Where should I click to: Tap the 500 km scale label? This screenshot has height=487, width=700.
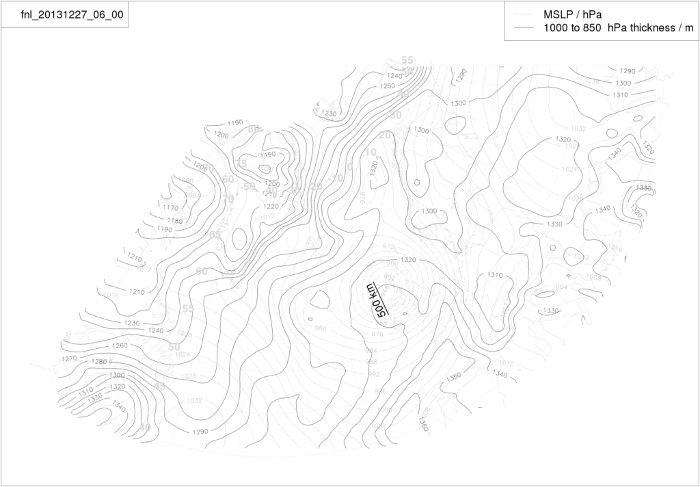(376, 300)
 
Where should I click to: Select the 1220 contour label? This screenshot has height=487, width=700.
(271, 206)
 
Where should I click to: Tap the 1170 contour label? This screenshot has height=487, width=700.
(171, 207)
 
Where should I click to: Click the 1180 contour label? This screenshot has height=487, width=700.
(175, 220)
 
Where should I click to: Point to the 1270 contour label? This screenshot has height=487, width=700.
(69, 358)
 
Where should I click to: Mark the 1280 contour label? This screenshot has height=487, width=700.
(99, 362)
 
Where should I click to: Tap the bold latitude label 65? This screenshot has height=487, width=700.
(215, 235)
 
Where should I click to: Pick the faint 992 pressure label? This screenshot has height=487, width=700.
(373, 374)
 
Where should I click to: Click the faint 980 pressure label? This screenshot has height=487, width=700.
(321, 328)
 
